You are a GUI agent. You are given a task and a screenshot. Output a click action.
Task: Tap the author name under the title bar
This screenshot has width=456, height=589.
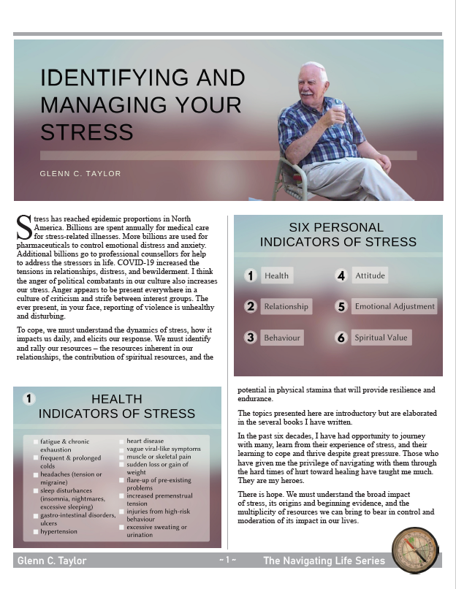pos(80,174)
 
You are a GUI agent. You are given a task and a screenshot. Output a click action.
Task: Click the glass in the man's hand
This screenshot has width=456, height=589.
pos(337,108)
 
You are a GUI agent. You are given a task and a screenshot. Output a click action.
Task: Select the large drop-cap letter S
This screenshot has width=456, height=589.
pos(23,227)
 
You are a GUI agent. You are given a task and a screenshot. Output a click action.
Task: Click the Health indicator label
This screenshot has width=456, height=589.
pos(277,275)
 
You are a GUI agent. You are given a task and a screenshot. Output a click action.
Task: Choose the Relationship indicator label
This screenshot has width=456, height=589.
pos(286,306)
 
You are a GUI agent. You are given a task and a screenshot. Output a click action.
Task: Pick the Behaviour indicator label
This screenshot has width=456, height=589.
pos(281,338)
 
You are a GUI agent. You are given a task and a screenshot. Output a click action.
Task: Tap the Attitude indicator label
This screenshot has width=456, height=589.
pos(369,275)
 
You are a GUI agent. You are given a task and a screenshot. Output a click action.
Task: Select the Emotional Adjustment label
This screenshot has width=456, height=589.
pos(394,306)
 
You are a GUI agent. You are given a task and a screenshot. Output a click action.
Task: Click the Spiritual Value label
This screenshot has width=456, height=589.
pos(381,338)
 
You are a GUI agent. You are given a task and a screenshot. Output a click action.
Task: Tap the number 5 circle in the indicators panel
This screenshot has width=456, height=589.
pos(341,307)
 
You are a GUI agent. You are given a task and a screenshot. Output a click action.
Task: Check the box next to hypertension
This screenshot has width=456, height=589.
pos(36,533)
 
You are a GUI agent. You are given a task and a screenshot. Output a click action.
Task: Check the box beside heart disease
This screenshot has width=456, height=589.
pos(121,441)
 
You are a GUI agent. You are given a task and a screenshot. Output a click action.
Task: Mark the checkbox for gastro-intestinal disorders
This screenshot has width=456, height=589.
pos(36,516)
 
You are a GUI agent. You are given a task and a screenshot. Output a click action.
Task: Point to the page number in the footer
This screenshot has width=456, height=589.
pos(227,560)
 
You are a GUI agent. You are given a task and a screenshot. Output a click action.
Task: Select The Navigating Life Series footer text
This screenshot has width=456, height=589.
pos(324,561)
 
